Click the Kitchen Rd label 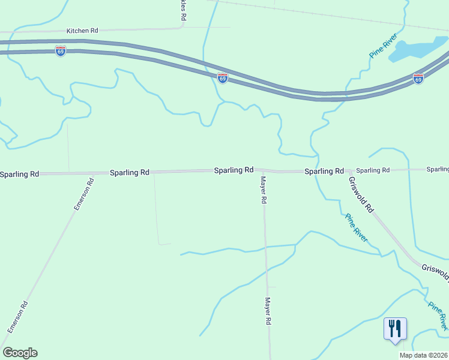[82, 30]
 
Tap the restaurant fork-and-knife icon [395, 329]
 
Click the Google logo [20, 353]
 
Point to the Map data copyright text [424, 355]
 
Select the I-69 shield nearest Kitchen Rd [61, 51]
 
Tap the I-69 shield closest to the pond [418, 79]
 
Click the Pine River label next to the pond [384, 46]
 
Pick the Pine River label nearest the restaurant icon [438, 315]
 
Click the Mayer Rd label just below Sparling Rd [263, 190]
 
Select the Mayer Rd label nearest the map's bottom [268, 311]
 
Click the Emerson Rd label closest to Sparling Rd [83, 194]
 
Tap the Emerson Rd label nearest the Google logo [17, 317]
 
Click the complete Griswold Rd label [362, 194]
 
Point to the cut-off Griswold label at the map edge [435, 272]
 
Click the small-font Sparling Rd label [373, 170]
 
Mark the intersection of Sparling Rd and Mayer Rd [262, 171]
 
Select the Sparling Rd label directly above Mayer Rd [234, 170]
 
